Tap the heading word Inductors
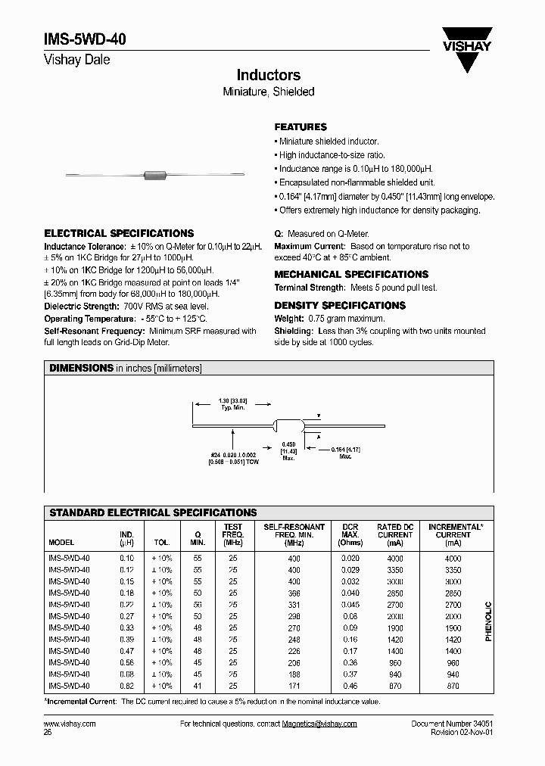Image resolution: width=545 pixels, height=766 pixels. coord(268,75)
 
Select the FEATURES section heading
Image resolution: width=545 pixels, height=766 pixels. coord(301,127)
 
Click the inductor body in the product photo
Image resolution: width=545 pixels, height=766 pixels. coord(155,176)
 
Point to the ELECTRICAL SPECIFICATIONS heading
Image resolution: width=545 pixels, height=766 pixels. coord(119,234)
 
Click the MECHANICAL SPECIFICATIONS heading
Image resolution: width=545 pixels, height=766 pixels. coord(351,275)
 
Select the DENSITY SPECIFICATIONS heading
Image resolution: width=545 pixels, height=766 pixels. coord(340,306)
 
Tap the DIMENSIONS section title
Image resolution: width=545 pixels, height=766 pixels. coord(81,368)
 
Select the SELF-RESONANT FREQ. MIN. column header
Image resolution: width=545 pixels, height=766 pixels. coord(294,534)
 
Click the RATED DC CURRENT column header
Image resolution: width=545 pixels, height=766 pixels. coord(395,534)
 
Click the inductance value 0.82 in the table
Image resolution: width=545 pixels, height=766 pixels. coord(126,686)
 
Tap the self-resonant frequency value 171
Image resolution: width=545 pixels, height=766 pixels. coord(294,686)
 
